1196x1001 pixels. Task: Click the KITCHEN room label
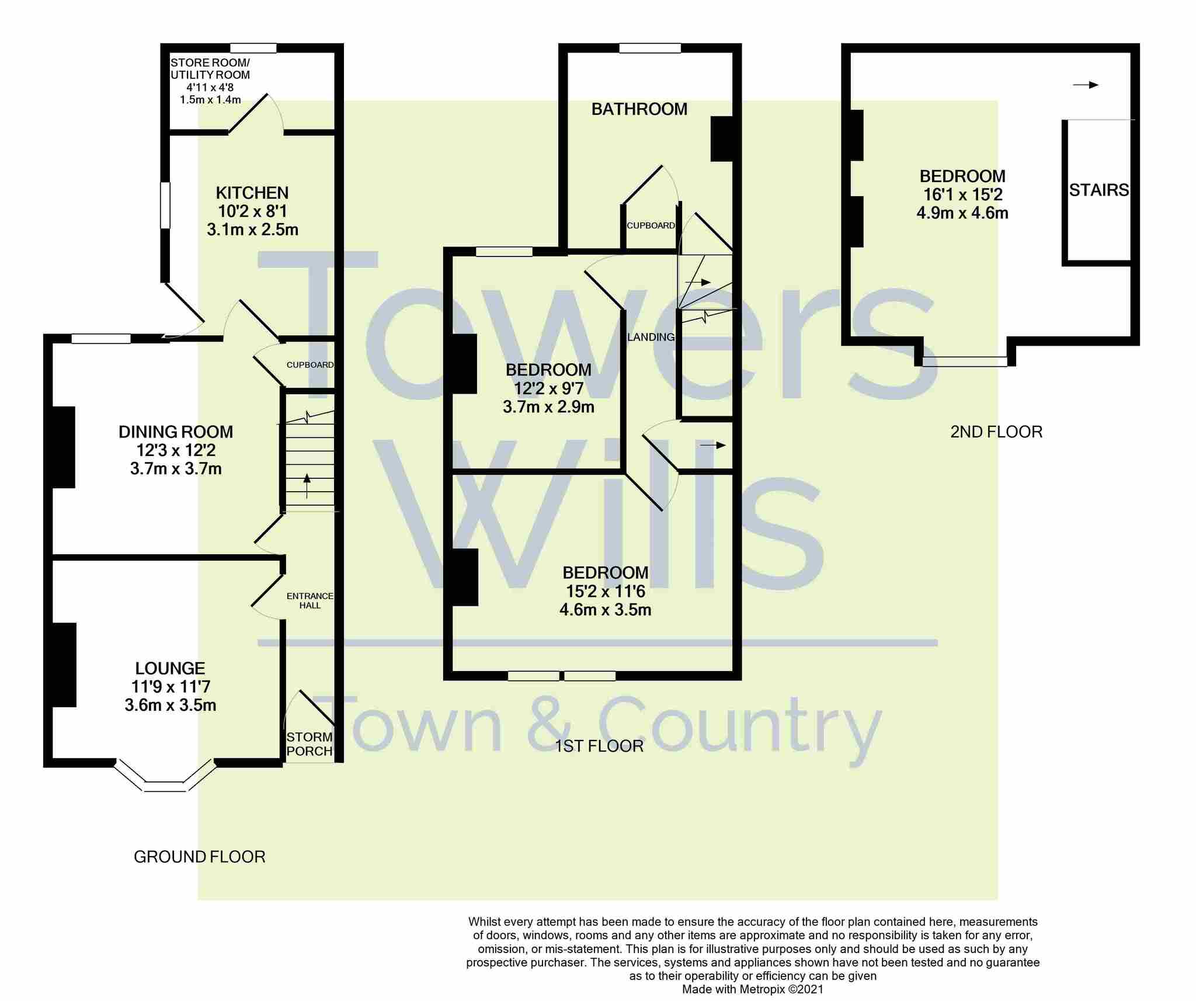coord(252,193)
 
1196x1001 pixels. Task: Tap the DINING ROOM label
coord(176,432)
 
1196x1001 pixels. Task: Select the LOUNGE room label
coord(170,668)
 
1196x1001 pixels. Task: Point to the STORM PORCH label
coord(310,744)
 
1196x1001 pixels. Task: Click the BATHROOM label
coord(639,109)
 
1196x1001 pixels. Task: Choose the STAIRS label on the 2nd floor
coord(1098,190)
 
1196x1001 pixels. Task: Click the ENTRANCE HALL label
coord(310,600)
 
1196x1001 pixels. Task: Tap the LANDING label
coord(651,337)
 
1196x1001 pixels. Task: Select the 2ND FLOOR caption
coord(996,432)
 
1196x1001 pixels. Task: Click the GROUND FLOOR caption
coord(200,857)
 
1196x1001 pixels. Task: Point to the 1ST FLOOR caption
coord(599,746)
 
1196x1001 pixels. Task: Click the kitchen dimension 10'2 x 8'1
coord(252,211)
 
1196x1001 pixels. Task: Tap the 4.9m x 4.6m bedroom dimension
coord(962,213)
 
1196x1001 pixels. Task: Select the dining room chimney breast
coord(64,447)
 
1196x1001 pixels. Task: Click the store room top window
coord(253,48)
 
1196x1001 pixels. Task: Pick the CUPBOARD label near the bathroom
coord(651,225)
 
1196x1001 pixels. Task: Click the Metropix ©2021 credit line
coord(753,989)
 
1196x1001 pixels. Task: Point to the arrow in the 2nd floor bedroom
coord(1086,85)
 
